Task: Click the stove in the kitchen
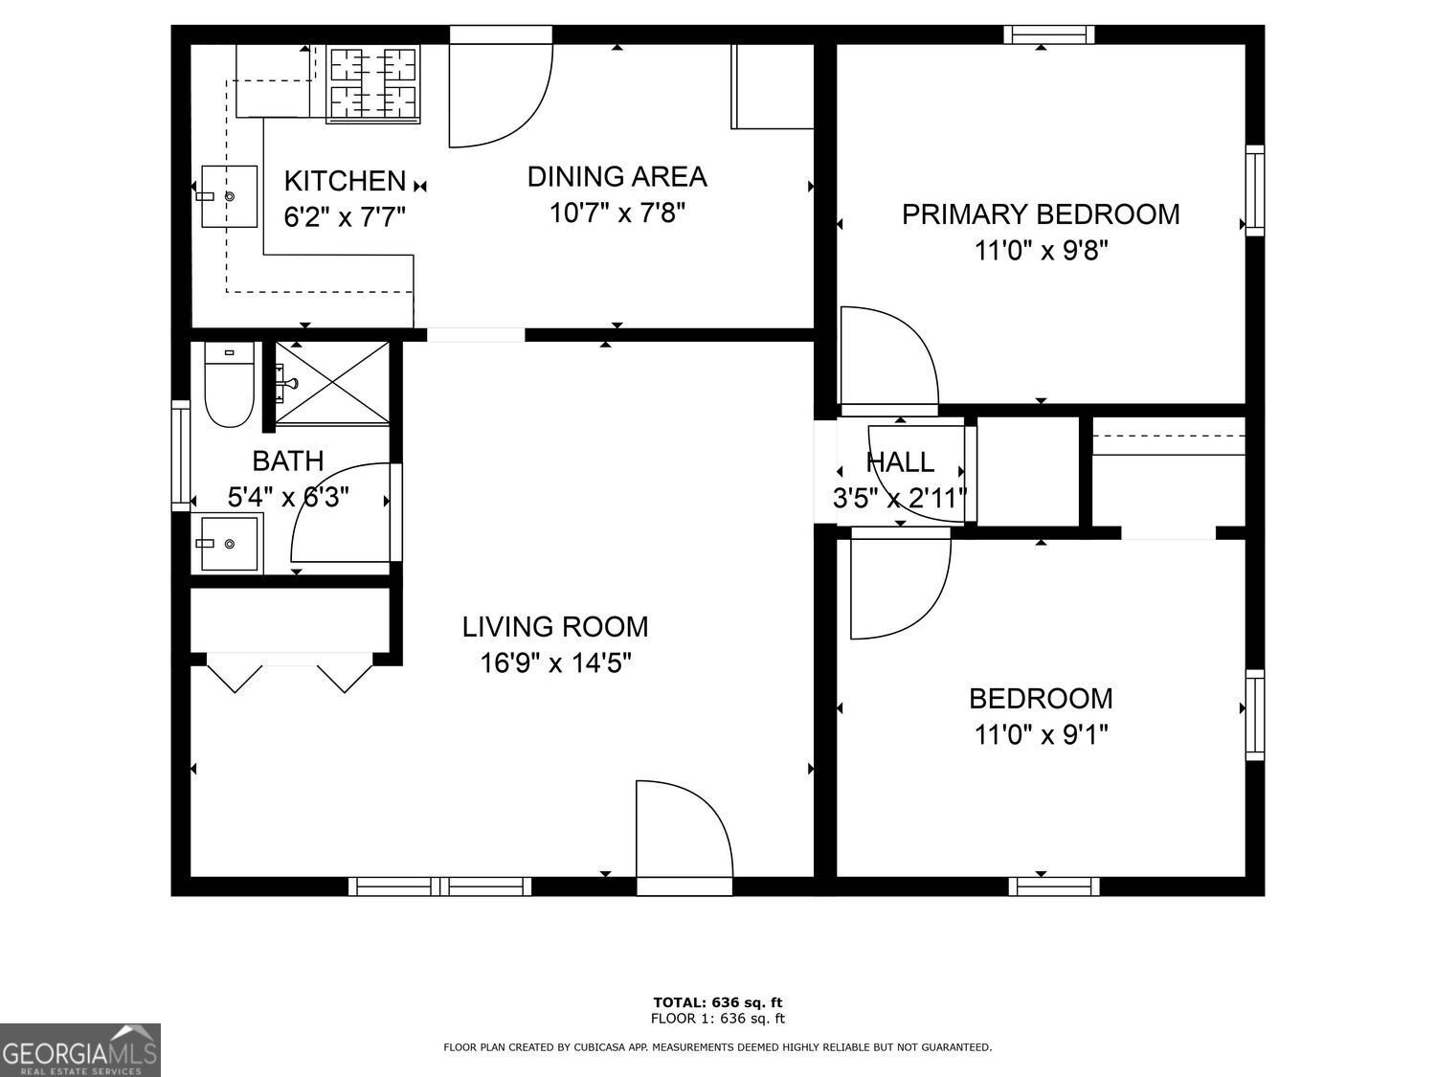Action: pyautogui.click(x=374, y=83)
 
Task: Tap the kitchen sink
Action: pyautogui.click(x=230, y=196)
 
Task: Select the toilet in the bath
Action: pyautogui.click(x=229, y=385)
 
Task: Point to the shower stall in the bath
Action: pyautogui.click(x=332, y=381)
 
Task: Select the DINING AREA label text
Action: pyautogui.click(x=617, y=177)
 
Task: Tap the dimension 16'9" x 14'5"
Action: pyautogui.click(x=555, y=663)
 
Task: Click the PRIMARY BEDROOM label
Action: pyautogui.click(x=1041, y=214)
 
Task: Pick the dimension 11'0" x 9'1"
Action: pyautogui.click(x=1041, y=735)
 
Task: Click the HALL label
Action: pyautogui.click(x=900, y=462)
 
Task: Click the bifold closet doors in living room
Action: pyautogui.click(x=290, y=672)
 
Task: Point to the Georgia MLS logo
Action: pyautogui.click(x=80, y=1050)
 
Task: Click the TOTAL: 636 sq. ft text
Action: pyautogui.click(x=717, y=1002)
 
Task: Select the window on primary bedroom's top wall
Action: pyautogui.click(x=1048, y=35)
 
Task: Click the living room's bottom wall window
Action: pyautogui.click(x=439, y=886)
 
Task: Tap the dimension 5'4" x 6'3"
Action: pyautogui.click(x=287, y=497)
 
